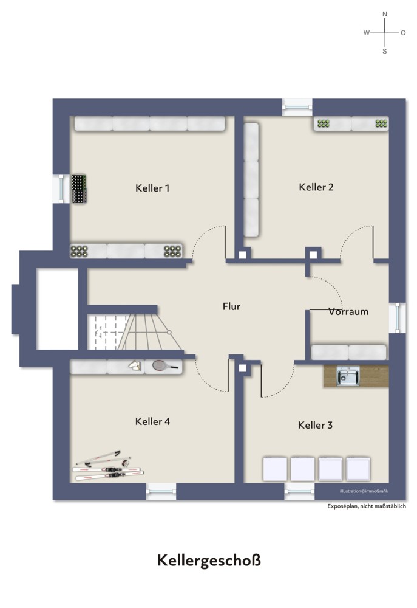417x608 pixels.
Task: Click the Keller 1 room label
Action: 152,188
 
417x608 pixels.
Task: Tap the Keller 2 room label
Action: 316,187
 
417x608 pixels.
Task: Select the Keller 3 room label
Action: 315,425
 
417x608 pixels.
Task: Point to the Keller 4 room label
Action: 152,421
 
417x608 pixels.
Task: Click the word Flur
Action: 231,306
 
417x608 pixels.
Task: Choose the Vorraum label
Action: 348,312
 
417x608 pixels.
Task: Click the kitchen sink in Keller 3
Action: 348,376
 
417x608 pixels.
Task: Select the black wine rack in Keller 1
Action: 78,189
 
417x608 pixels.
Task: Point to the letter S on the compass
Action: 384,51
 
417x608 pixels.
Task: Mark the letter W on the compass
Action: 366,33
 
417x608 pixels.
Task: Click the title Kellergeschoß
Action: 209,561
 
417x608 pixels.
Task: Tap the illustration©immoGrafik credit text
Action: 364,491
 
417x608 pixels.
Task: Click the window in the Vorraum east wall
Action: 398,318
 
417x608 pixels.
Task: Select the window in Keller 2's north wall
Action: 297,107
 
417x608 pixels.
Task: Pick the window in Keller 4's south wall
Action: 161,491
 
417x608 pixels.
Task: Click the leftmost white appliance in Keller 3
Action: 276,469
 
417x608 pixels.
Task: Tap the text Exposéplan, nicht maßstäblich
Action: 367,506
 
